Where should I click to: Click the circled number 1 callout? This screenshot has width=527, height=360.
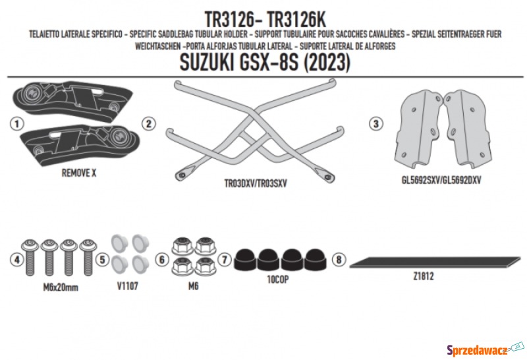pos(17,124)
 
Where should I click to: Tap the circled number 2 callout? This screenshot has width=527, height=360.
pos(149,124)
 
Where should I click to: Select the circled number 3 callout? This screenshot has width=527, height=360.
pos(376,123)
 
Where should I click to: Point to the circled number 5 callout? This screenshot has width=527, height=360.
pos(103,259)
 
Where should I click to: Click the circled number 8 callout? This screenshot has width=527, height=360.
pos(339,259)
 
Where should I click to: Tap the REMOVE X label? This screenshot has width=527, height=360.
pos(79,173)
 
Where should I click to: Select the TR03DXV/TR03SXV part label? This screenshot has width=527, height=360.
pos(256,183)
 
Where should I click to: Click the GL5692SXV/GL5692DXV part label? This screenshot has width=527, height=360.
pos(441,180)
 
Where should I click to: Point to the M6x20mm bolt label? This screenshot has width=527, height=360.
pos(61,287)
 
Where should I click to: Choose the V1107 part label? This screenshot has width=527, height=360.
pos(128,286)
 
